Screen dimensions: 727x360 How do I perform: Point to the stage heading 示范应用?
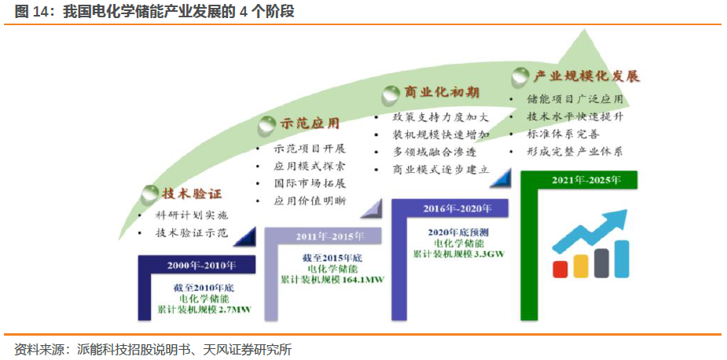tap(310, 123)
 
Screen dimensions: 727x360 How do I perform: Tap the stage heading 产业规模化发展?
tap(586, 76)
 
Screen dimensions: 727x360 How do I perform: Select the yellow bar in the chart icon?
tap(581, 265)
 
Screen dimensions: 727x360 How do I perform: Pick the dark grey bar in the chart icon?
tap(601, 263)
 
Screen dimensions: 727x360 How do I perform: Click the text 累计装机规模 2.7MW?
tap(204, 310)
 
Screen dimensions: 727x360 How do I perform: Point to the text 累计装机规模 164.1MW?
tap(333, 280)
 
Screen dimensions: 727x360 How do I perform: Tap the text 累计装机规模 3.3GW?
tap(459, 254)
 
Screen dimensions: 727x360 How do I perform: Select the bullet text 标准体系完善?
tap(563, 134)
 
